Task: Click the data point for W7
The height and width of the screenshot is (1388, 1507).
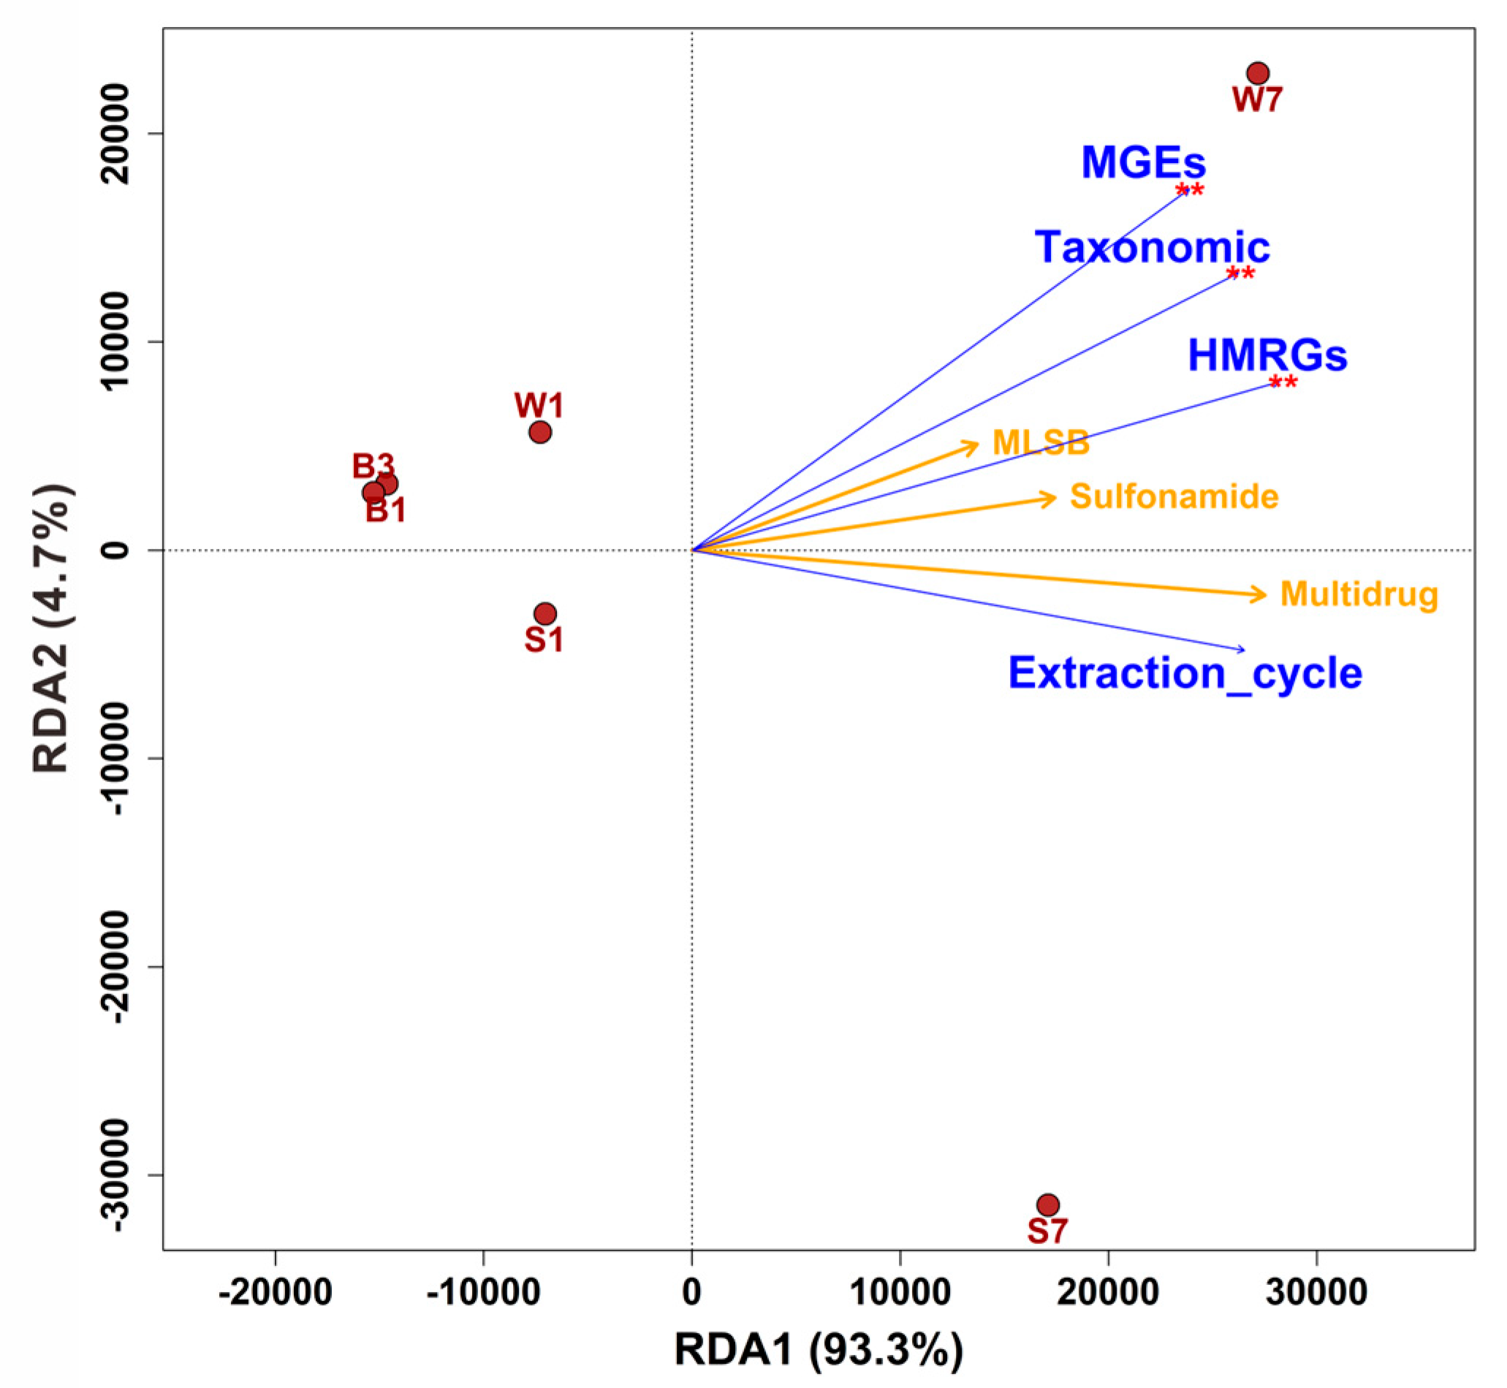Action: click(1258, 74)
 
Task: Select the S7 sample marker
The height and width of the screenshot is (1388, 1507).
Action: click(1047, 1205)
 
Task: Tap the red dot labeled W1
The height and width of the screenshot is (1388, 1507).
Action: click(540, 433)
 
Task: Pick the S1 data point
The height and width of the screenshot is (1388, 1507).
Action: click(545, 615)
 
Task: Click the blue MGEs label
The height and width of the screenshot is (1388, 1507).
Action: click(1143, 162)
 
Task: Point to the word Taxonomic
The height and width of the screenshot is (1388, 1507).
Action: click(1152, 247)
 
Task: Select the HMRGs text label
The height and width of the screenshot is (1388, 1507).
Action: click(1267, 356)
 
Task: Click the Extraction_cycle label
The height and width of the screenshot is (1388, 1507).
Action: click(1185, 673)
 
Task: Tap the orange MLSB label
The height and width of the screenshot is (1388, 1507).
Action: click(1041, 443)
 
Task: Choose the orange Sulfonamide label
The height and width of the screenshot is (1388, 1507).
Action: click(1174, 496)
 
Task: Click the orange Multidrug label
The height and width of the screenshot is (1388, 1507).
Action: click(1359, 594)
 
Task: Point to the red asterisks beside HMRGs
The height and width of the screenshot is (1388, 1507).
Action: click(1283, 383)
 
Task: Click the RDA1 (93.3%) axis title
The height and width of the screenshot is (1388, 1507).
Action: click(819, 1350)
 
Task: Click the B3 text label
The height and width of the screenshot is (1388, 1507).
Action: click(373, 466)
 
